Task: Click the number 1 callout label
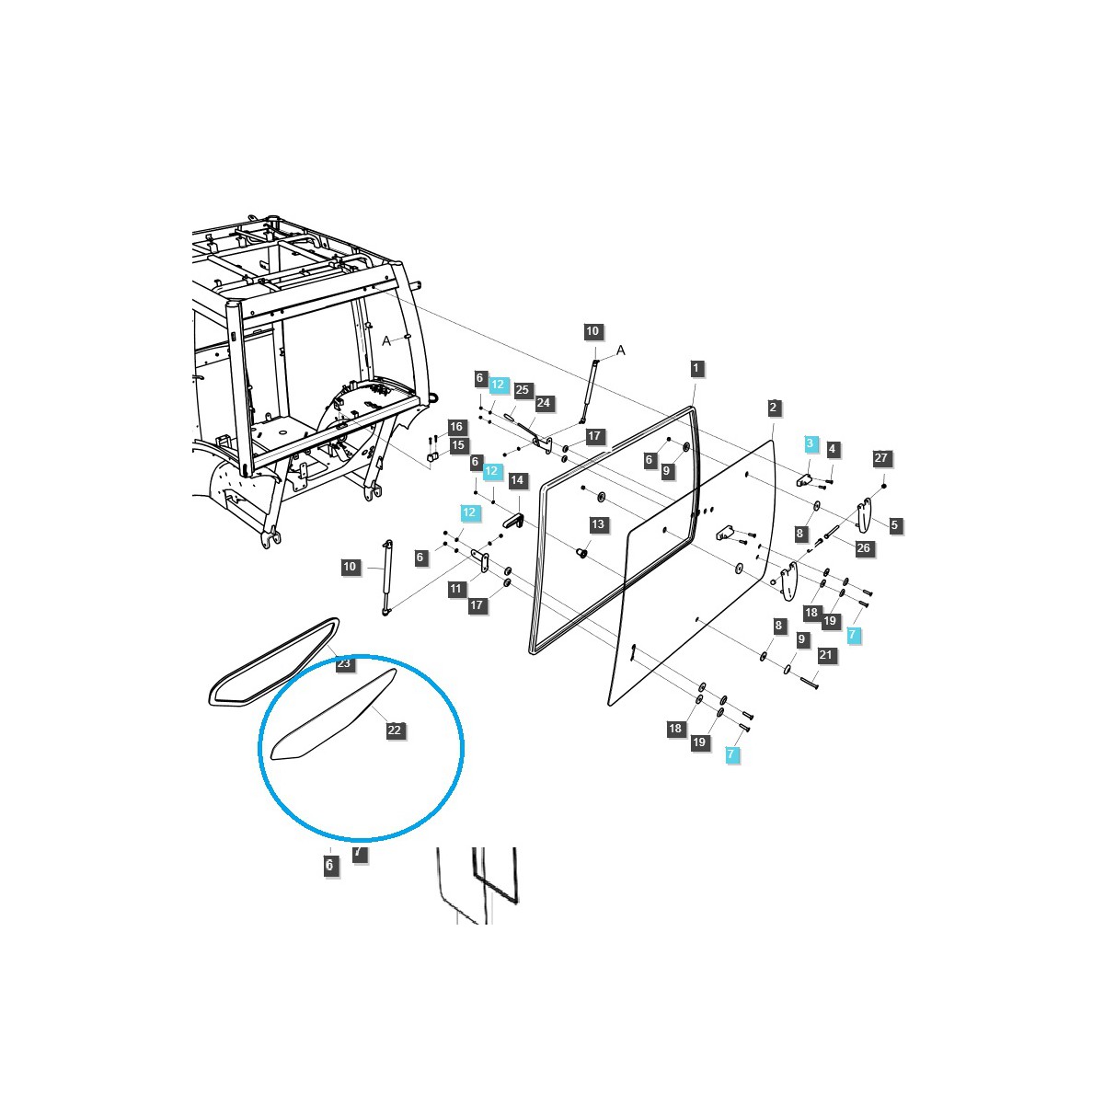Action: (x=696, y=368)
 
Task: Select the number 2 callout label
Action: (x=774, y=408)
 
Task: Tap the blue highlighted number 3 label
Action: (x=810, y=443)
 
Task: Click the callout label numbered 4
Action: (x=833, y=449)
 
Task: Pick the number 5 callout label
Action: (x=895, y=525)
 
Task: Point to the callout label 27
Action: (x=881, y=457)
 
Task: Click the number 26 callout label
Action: (x=863, y=548)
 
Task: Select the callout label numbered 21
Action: (x=825, y=655)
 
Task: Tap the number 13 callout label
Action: (x=599, y=524)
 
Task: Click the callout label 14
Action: (x=517, y=480)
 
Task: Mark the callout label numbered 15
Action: (x=457, y=445)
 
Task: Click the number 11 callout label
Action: (x=456, y=589)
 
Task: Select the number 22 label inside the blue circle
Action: (x=395, y=730)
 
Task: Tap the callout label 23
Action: (x=344, y=663)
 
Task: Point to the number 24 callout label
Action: (x=544, y=403)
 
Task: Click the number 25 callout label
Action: (x=523, y=390)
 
